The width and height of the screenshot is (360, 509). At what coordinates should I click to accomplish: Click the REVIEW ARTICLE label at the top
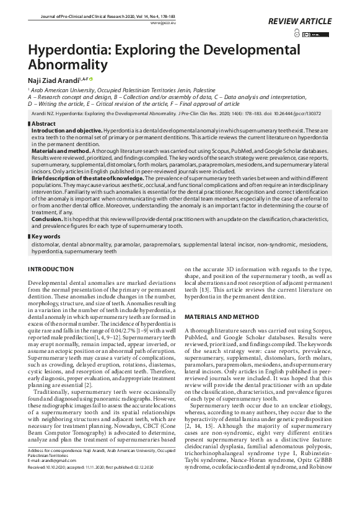(x=300, y=22)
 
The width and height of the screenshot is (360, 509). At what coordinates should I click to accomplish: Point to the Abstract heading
(x=43, y=124)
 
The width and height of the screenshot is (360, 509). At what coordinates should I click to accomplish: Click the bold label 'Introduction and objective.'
(x=66, y=131)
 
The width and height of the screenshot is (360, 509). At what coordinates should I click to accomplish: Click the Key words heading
(x=46, y=236)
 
